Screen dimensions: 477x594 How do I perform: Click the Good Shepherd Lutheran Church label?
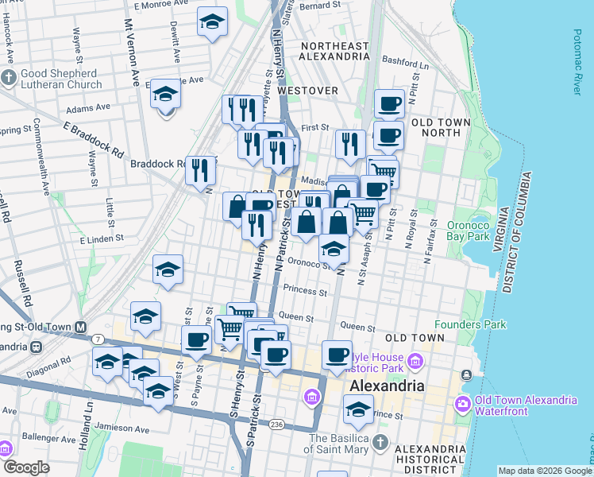click(60, 78)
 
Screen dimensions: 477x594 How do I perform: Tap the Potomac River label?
click(577, 63)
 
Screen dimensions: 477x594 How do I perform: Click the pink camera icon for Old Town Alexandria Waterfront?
click(461, 404)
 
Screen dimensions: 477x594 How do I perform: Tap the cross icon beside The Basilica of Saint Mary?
click(380, 441)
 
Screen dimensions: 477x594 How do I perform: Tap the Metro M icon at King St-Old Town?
click(80, 327)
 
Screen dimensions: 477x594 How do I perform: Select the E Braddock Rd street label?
click(94, 139)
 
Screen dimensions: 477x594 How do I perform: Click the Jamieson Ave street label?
click(122, 429)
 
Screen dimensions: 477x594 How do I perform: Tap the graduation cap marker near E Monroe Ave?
click(212, 22)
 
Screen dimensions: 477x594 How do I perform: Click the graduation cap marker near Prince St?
click(358, 409)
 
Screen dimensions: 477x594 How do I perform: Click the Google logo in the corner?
click(26, 467)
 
